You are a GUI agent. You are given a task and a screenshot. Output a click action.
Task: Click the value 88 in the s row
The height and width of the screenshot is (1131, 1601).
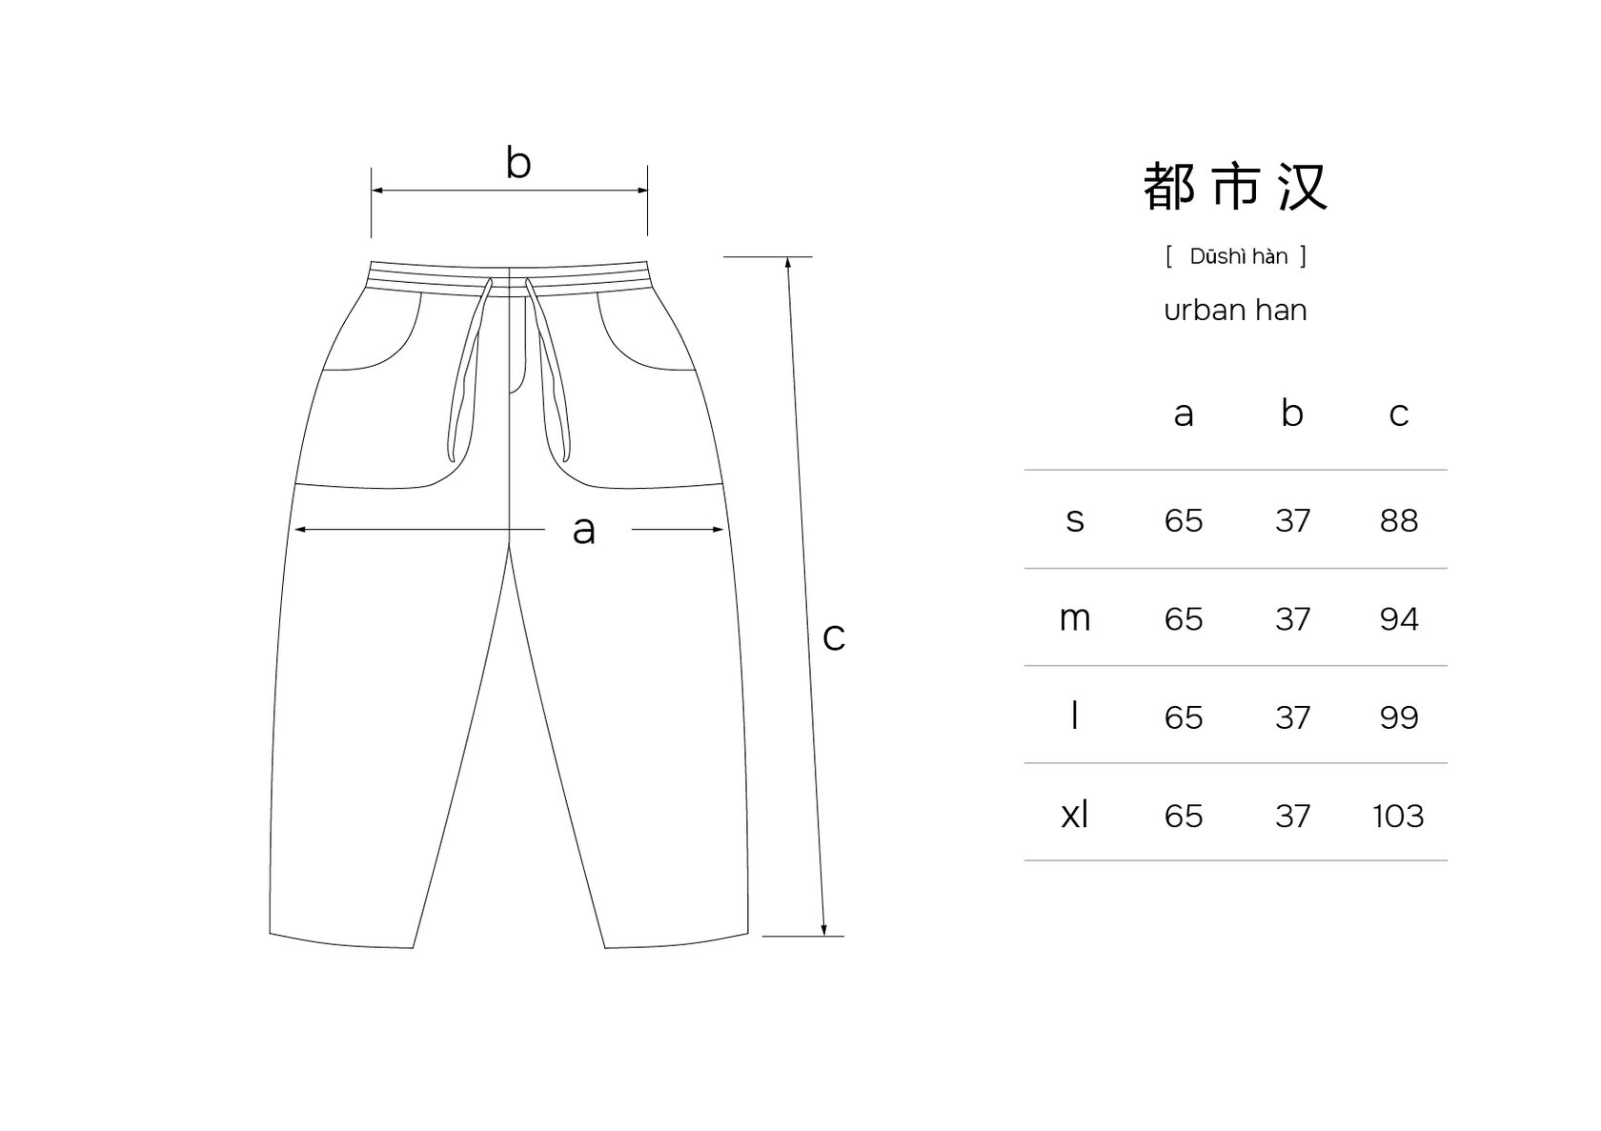click(x=1398, y=520)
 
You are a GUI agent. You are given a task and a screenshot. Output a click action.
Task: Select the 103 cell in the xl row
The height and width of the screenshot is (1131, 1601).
click(x=1398, y=816)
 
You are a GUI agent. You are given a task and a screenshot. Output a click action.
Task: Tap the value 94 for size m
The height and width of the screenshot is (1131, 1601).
click(x=1398, y=619)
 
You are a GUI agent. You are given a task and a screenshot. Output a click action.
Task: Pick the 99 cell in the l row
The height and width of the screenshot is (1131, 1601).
click(x=1398, y=717)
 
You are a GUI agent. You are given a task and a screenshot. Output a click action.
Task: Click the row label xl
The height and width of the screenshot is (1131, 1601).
click(x=1074, y=815)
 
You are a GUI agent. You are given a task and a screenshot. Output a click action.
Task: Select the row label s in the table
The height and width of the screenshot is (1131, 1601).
click(x=1074, y=520)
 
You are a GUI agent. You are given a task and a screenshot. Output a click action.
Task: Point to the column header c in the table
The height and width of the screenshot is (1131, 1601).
click(x=1398, y=414)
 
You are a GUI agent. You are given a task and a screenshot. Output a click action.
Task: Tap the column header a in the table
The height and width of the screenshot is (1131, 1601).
click(x=1183, y=414)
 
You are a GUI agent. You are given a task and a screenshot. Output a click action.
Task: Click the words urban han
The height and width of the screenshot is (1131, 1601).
click(x=1235, y=310)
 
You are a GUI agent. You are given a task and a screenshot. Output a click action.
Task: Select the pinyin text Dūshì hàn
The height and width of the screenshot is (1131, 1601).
click(x=1238, y=256)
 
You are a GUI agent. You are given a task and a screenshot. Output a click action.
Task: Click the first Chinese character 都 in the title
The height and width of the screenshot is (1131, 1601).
click(x=1168, y=186)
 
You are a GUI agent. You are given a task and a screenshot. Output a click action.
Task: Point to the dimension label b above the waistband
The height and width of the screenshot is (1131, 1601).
click(x=517, y=163)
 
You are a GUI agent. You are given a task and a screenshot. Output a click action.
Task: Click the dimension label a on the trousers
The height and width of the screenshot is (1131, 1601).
click(x=583, y=530)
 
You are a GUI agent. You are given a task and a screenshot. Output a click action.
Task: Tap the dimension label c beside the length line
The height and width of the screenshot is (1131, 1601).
click(x=834, y=636)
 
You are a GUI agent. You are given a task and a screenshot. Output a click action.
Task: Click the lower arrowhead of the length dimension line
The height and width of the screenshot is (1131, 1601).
click(x=824, y=930)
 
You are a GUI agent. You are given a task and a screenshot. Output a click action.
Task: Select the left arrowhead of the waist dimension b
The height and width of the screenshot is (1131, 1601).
click(x=376, y=191)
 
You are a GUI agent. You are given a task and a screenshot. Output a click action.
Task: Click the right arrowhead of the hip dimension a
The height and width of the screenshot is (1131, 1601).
click(x=719, y=529)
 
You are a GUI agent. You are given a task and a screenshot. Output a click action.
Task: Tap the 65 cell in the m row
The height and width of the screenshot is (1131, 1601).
click(x=1183, y=619)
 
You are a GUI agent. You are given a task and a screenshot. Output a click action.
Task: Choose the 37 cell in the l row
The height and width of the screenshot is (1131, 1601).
click(x=1292, y=717)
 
